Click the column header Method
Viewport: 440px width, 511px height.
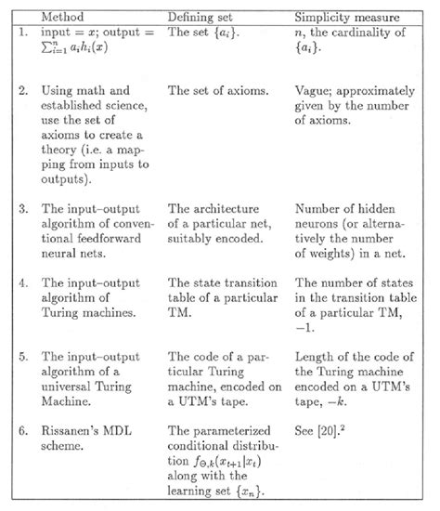tap(65, 16)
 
